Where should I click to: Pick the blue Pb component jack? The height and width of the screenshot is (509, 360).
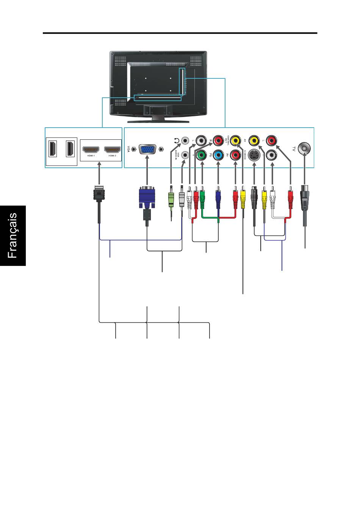(218, 155)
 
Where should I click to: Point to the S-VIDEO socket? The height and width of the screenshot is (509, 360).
(254, 155)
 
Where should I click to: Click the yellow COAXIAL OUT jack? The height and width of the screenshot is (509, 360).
(236, 141)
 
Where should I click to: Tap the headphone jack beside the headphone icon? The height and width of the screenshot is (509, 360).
(185, 141)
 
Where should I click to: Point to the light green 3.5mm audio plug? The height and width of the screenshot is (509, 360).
(171, 200)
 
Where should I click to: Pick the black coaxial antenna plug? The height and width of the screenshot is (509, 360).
(305, 198)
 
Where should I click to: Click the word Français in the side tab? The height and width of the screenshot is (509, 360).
(13, 235)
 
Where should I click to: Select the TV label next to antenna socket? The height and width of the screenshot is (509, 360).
(293, 149)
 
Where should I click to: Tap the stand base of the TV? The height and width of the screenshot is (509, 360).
(158, 121)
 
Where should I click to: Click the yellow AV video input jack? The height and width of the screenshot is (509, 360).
(254, 141)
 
